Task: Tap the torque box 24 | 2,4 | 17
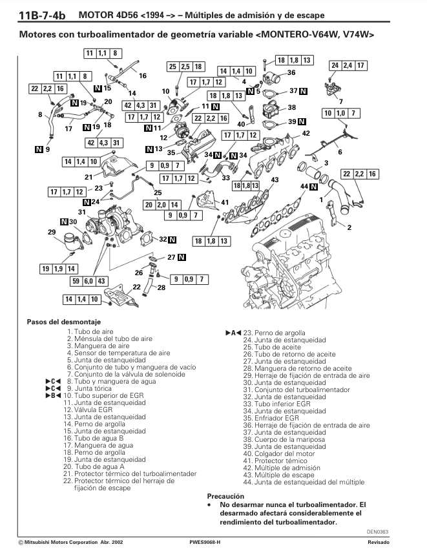348,65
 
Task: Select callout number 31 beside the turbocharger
82,212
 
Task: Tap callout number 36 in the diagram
291,73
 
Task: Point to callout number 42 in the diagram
306,133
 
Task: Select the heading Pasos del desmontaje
64,322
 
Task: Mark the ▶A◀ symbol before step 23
233,333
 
